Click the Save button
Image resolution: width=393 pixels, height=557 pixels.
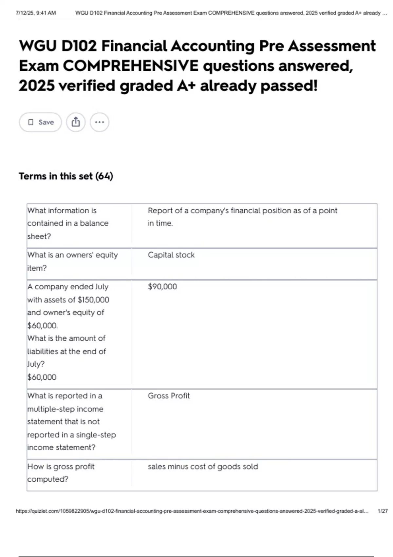tap(40, 122)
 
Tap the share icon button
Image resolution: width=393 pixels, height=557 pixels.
tap(76, 122)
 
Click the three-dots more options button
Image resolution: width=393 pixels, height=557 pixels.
tap(99, 122)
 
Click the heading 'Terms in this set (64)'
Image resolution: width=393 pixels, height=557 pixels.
tap(66, 176)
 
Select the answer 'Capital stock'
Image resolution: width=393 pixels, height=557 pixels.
tap(171, 255)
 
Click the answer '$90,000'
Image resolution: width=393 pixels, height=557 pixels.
tap(162, 287)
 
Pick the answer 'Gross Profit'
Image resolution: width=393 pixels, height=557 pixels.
tap(169, 396)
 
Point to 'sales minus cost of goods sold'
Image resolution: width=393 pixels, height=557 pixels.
tap(203, 467)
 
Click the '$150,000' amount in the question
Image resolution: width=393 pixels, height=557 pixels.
tap(93, 300)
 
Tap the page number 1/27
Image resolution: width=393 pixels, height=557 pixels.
tap(383, 511)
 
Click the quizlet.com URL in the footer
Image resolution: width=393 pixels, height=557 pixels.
tap(192, 511)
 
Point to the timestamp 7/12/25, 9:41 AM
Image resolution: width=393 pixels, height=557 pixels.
tap(36, 13)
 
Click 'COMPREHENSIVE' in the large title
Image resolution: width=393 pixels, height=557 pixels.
tap(130, 66)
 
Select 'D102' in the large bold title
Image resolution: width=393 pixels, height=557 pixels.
tap(79, 46)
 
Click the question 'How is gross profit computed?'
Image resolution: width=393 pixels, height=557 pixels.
tap(61, 473)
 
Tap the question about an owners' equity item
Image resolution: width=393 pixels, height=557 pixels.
tap(72, 261)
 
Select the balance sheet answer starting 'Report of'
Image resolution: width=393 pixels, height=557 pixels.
tap(242, 217)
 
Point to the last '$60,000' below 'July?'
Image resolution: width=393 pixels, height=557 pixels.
tap(42, 377)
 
